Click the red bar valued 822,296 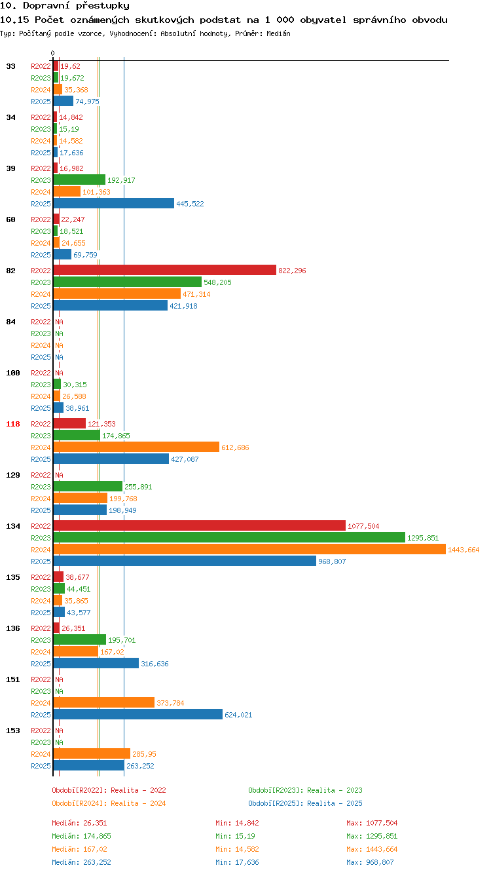[164, 270]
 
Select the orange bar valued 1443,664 [249, 549]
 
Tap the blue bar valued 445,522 [113, 203]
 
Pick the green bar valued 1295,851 [229, 537]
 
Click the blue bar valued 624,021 [137, 714]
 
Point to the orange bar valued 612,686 [136, 447]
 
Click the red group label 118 [13, 424]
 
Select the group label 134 [13, 526]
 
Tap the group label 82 [11, 271]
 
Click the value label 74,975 [87, 102]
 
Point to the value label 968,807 [332, 561]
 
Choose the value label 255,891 [138, 487]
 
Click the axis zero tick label [52, 53]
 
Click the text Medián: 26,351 [79, 823]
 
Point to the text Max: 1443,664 [372, 849]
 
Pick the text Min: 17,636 [237, 862]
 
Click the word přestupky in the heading [103, 6]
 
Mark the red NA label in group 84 [59, 322]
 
